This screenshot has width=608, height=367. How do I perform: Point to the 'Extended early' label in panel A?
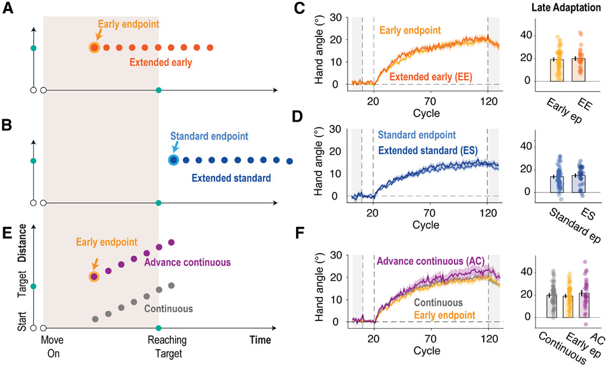pyautogui.click(x=162, y=62)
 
